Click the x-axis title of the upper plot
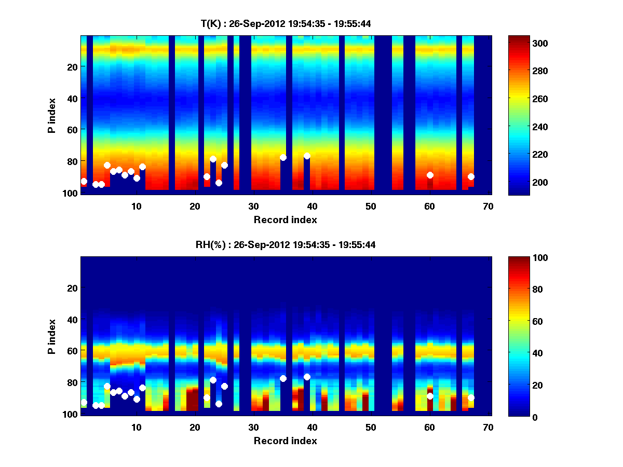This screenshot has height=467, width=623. (x=285, y=219)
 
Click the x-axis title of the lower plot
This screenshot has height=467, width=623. (x=285, y=441)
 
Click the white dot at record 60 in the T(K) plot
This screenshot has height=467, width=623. (x=430, y=175)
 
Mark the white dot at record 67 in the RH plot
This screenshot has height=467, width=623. (x=471, y=397)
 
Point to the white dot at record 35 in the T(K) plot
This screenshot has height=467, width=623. (x=283, y=157)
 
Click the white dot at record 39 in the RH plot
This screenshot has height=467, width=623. (x=307, y=377)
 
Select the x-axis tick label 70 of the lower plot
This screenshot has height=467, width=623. (x=488, y=428)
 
